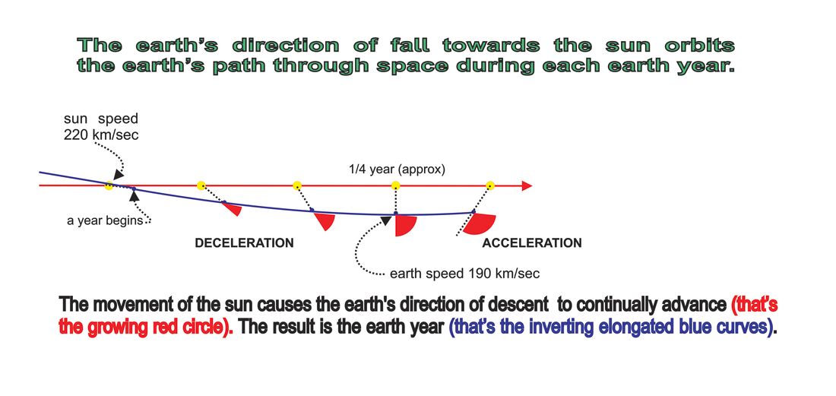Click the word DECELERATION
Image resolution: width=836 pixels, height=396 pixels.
tap(244, 243)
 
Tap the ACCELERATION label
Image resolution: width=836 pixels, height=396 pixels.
tap(531, 243)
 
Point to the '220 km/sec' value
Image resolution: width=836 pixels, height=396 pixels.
tap(101, 135)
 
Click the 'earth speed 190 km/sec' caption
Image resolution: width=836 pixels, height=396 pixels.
tap(465, 274)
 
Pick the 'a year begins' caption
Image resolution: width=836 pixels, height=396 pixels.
tap(106, 220)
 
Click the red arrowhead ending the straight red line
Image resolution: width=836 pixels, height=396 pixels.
tap(527, 185)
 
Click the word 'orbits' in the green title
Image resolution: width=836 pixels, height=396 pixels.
tap(699, 46)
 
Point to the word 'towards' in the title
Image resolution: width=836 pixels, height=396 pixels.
tap(492, 46)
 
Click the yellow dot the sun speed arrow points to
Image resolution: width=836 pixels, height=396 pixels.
tap(108, 185)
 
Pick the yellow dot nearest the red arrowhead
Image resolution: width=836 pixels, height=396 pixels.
tap(490, 185)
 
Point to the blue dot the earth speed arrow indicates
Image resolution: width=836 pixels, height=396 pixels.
tap(396, 213)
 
